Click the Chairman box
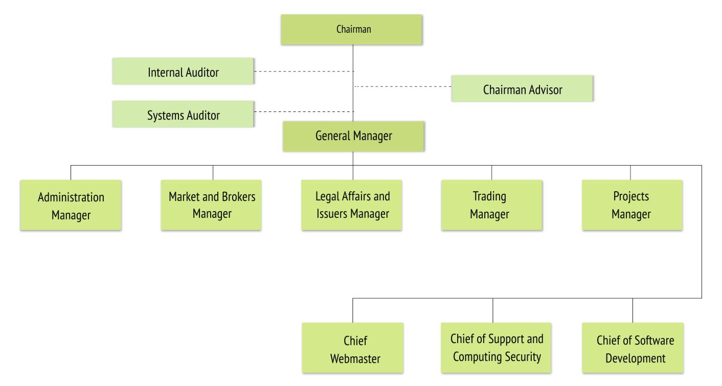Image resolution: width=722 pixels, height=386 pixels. [x=351, y=29]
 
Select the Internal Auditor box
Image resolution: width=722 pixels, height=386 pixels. [x=183, y=71]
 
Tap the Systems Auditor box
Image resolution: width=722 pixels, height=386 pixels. [x=183, y=114]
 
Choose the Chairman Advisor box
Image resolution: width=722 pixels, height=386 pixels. [x=522, y=88]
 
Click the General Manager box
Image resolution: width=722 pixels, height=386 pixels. [x=353, y=137]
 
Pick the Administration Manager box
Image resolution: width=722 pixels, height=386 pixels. [x=71, y=205]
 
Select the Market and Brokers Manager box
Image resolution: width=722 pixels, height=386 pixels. [x=211, y=205]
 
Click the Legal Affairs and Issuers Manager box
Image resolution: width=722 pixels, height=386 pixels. [x=352, y=205]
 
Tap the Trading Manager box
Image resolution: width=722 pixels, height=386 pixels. [x=492, y=205]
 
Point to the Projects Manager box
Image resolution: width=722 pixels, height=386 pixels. [x=633, y=205]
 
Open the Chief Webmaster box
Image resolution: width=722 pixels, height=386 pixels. [x=353, y=348]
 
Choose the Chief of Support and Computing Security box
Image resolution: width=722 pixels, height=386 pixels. [x=496, y=348]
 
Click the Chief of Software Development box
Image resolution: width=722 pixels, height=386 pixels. [x=633, y=348]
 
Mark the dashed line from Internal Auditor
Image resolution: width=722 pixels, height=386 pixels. [x=304, y=71]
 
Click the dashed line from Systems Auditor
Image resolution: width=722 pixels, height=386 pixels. [x=304, y=112]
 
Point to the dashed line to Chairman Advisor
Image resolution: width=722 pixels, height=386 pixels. [x=402, y=86]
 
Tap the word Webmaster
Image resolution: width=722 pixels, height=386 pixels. [x=355, y=358]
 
